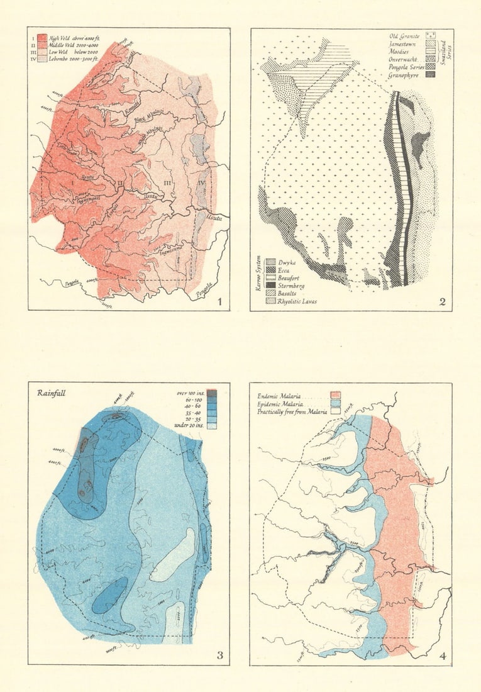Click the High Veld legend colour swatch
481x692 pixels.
[x=43, y=37]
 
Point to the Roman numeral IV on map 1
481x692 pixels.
[x=201, y=183]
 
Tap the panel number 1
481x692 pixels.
[x=218, y=301]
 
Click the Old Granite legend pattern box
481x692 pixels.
[x=432, y=36]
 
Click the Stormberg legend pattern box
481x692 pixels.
[x=271, y=286]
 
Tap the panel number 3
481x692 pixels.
[x=219, y=656]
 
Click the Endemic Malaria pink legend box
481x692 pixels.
[x=335, y=396]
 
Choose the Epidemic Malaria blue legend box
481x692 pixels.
[x=335, y=404]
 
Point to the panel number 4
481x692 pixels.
[x=443, y=656]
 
